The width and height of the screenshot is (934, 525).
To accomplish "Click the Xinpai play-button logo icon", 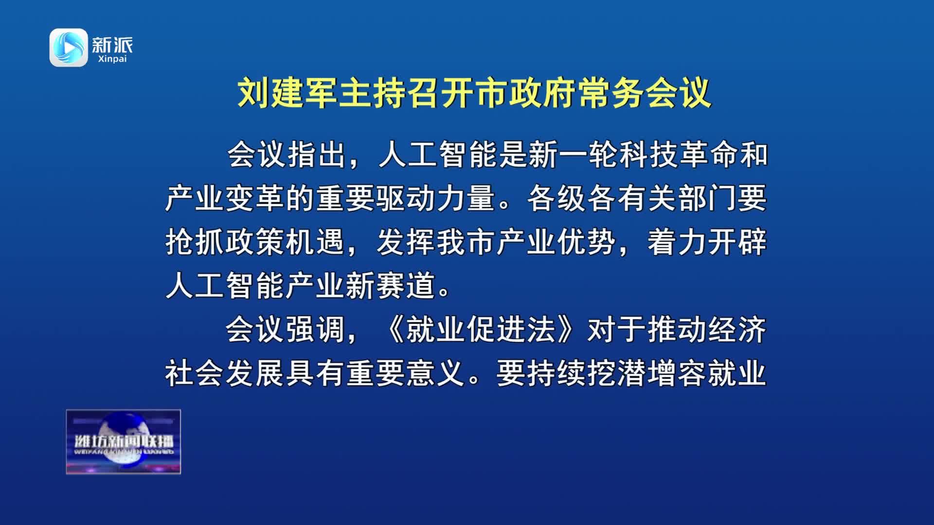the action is (69, 48).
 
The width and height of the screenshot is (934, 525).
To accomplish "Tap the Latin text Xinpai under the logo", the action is (112, 59).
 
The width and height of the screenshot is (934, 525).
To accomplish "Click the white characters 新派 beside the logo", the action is (112, 45).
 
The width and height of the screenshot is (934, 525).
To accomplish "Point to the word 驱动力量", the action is (436, 198).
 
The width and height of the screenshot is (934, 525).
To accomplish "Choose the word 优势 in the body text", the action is (586, 242).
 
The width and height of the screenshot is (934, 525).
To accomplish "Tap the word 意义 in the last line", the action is (436, 373).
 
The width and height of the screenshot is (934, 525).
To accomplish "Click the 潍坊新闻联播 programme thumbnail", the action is (124, 442).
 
